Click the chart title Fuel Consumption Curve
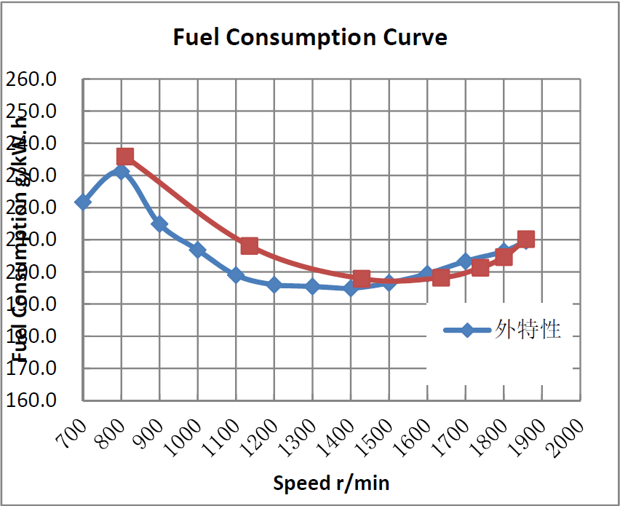pos(310,37)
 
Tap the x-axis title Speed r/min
pos(331,482)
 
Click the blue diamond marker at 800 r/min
pos(122,172)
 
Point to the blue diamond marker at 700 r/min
pos(83,202)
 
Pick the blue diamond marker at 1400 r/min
pos(351,288)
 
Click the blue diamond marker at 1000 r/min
pos(198,250)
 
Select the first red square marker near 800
pos(125,157)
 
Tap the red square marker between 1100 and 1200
pos(250,246)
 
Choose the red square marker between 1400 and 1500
pos(362,279)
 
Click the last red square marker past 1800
pos(526,240)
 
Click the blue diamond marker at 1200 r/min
pos(274,285)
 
